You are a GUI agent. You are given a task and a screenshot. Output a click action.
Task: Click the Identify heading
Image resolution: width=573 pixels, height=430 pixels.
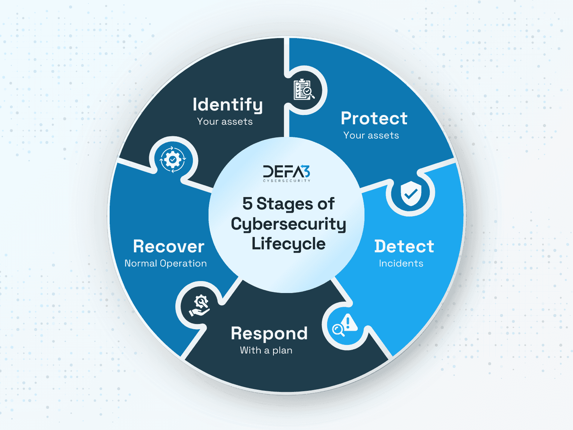click(228, 105)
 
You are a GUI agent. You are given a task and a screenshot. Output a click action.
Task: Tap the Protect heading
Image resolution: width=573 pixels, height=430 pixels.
click(374, 119)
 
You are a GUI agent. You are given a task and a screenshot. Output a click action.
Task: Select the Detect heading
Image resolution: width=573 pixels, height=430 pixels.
click(404, 247)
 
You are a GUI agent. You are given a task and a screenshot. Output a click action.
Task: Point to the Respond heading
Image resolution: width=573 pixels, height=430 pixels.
click(269, 334)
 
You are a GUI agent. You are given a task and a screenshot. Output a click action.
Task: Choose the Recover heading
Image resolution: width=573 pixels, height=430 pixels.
click(169, 247)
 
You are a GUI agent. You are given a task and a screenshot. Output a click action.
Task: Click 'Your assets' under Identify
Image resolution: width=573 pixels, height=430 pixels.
click(225, 122)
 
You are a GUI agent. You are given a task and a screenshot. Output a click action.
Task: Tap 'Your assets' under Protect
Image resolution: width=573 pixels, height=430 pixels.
click(371, 135)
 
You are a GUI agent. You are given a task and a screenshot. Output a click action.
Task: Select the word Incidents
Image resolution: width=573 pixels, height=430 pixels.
click(401, 264)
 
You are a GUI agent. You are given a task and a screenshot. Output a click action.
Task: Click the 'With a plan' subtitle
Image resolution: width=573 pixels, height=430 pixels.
click(266, 350)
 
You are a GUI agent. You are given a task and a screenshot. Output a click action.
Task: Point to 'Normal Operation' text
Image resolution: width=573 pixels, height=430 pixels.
click(166, 264)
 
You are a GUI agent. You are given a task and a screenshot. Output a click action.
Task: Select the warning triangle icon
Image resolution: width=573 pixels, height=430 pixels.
click(349, 322)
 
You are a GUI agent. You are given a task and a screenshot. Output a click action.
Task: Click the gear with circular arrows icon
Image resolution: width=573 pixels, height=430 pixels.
click(173, 160)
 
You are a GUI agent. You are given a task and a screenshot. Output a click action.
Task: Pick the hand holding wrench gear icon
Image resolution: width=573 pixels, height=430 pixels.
click(200, 305)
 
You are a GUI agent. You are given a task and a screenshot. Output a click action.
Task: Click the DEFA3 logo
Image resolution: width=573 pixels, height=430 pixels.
click(286, 173)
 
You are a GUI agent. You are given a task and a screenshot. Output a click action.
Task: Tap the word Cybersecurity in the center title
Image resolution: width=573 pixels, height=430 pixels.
click(288, 224)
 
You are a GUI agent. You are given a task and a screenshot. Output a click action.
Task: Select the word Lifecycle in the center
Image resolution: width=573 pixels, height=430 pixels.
click(288, 244)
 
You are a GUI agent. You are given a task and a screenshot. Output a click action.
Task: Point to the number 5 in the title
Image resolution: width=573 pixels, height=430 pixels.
click(247, 204)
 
